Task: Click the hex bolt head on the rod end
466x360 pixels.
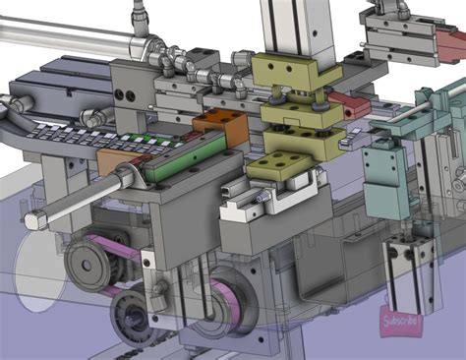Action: pyautogui.click(x=34, y=219)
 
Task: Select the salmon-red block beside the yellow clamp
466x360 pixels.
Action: pyautogui.click(x=347, y=102)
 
